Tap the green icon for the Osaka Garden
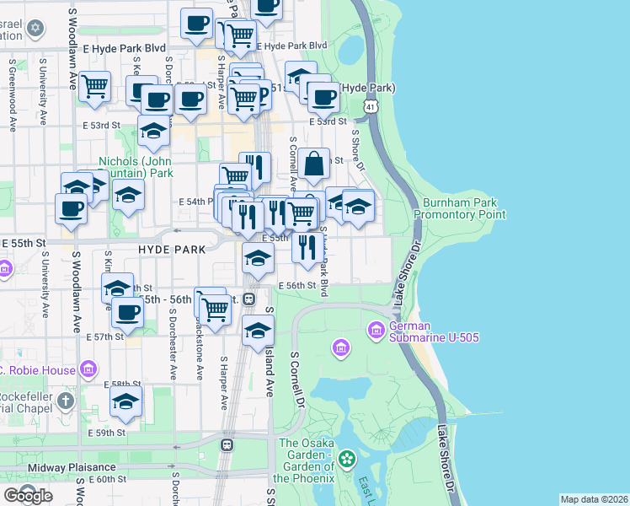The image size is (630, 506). coord(347,460)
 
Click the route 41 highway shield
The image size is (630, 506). coord(371,107)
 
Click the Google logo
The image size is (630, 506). coord(28,496)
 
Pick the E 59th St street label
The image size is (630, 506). coord(107,433)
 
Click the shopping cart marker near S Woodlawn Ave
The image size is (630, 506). coord(95,85)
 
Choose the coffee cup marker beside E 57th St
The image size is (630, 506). coord(127,311)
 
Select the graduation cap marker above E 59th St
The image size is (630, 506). coord(125,401)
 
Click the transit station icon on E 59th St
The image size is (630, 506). coord(227,444)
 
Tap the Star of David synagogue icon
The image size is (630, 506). coord(35,29)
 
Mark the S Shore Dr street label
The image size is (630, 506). coord(357,151)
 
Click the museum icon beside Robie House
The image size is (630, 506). coord(88,369)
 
